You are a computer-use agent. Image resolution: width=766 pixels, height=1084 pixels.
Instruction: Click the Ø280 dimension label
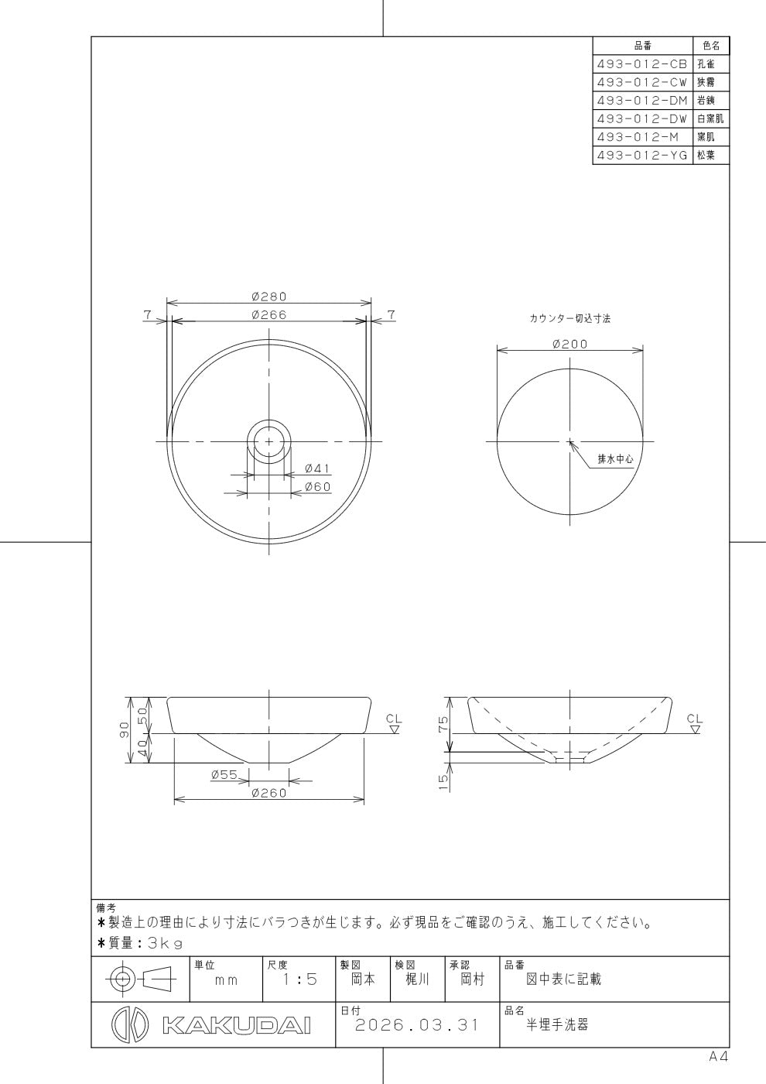(x=269, y=296)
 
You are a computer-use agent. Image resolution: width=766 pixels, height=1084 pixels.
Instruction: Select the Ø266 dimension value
(x=269, y=315)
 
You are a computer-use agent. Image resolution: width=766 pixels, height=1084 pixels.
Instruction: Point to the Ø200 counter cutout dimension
(x=570, y=344)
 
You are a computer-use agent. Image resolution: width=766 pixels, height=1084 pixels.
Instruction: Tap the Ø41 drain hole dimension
(x=317, y=468)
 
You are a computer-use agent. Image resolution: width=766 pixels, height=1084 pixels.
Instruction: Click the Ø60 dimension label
(x=318, y=487)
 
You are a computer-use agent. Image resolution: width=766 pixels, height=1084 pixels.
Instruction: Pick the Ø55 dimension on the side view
(x=224, y=775)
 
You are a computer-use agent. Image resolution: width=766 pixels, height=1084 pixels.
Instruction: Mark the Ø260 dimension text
(x=269, y=793)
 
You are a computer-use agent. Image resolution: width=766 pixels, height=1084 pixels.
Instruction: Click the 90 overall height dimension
(x=125, y=729)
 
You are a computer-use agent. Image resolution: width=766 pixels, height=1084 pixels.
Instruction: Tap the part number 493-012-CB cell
(x=643, y=63)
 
